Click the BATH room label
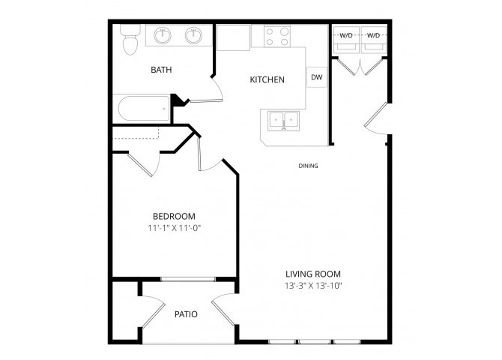(161, 70)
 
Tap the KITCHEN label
(267, 79)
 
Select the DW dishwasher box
(317, 77)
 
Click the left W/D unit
(346, 40)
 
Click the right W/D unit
(374, 40)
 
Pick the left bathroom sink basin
(163, 35)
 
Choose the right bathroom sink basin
(193, 35)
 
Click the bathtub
(144, 108)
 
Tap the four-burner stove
(277, 37)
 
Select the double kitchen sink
(284, 121)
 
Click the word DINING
(308, 166)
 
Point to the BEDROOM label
(174, 216)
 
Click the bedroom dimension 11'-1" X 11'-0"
(174, 228)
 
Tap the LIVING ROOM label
(313, 274)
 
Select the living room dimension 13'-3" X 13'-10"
(314, 286)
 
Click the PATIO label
(186, 314)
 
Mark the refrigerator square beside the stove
(233, 37)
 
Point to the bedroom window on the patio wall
(188, 279)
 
